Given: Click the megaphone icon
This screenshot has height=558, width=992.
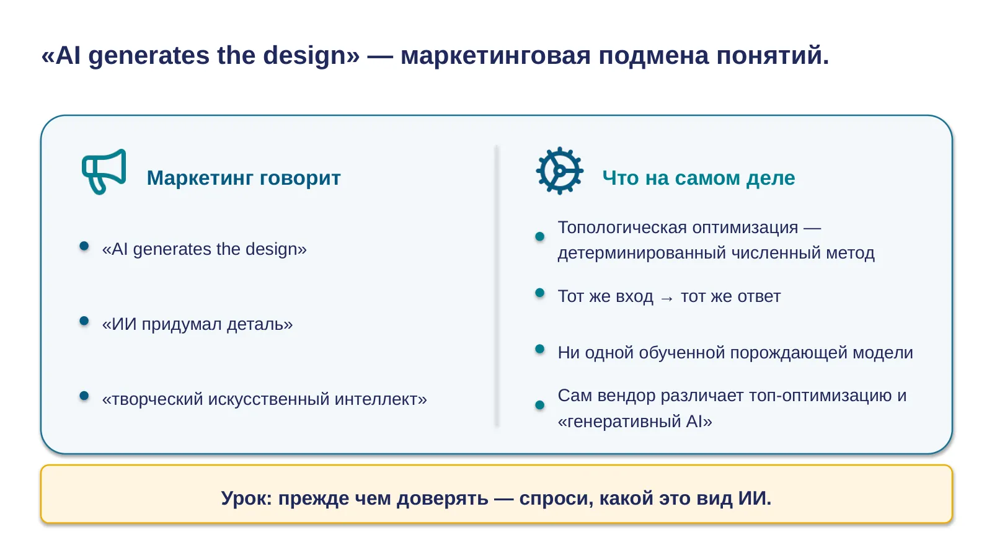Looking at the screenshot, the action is pyautogui.click(x=104, y=172).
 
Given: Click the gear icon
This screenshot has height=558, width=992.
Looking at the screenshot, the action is pyautogui.click(x=559, y=171).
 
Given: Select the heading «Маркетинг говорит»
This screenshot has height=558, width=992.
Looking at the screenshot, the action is pyautogui.click(x=244, y=178).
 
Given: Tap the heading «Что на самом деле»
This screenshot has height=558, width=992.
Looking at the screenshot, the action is pyautogui.click(x=698, y=178).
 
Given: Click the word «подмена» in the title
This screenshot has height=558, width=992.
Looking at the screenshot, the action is pyautogui.click(x=653, y=56).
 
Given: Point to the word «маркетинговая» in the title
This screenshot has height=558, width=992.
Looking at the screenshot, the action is pyautogui.click(x=495, y=56).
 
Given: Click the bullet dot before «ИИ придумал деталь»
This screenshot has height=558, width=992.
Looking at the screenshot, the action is pyautogui.click(x=84, y=321).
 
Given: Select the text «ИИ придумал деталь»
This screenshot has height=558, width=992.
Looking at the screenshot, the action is pyautogui.click(x=198, y=324).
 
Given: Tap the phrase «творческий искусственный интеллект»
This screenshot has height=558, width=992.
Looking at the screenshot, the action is pyautogui.click(x=264, y=399).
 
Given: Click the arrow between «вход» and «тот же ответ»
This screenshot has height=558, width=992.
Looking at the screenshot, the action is pyautogui.click(x=667, y=298).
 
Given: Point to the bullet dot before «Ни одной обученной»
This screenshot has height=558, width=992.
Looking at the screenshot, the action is pyautogui.click(x=540, y=349).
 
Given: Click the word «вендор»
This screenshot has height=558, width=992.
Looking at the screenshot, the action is pyautogui.click(x=626, y=396).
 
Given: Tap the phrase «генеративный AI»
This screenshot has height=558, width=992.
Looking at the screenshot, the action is pyautogui.click(x=635, y=421).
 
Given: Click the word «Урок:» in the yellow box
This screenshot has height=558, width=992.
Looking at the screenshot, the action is pyautogui.click(x=247, y=498).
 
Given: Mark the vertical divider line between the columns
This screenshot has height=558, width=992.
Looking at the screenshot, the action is pyautogui.click(x=497, y=286).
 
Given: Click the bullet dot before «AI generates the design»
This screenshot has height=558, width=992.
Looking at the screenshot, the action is pyautogui.click(x=84, y=246).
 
